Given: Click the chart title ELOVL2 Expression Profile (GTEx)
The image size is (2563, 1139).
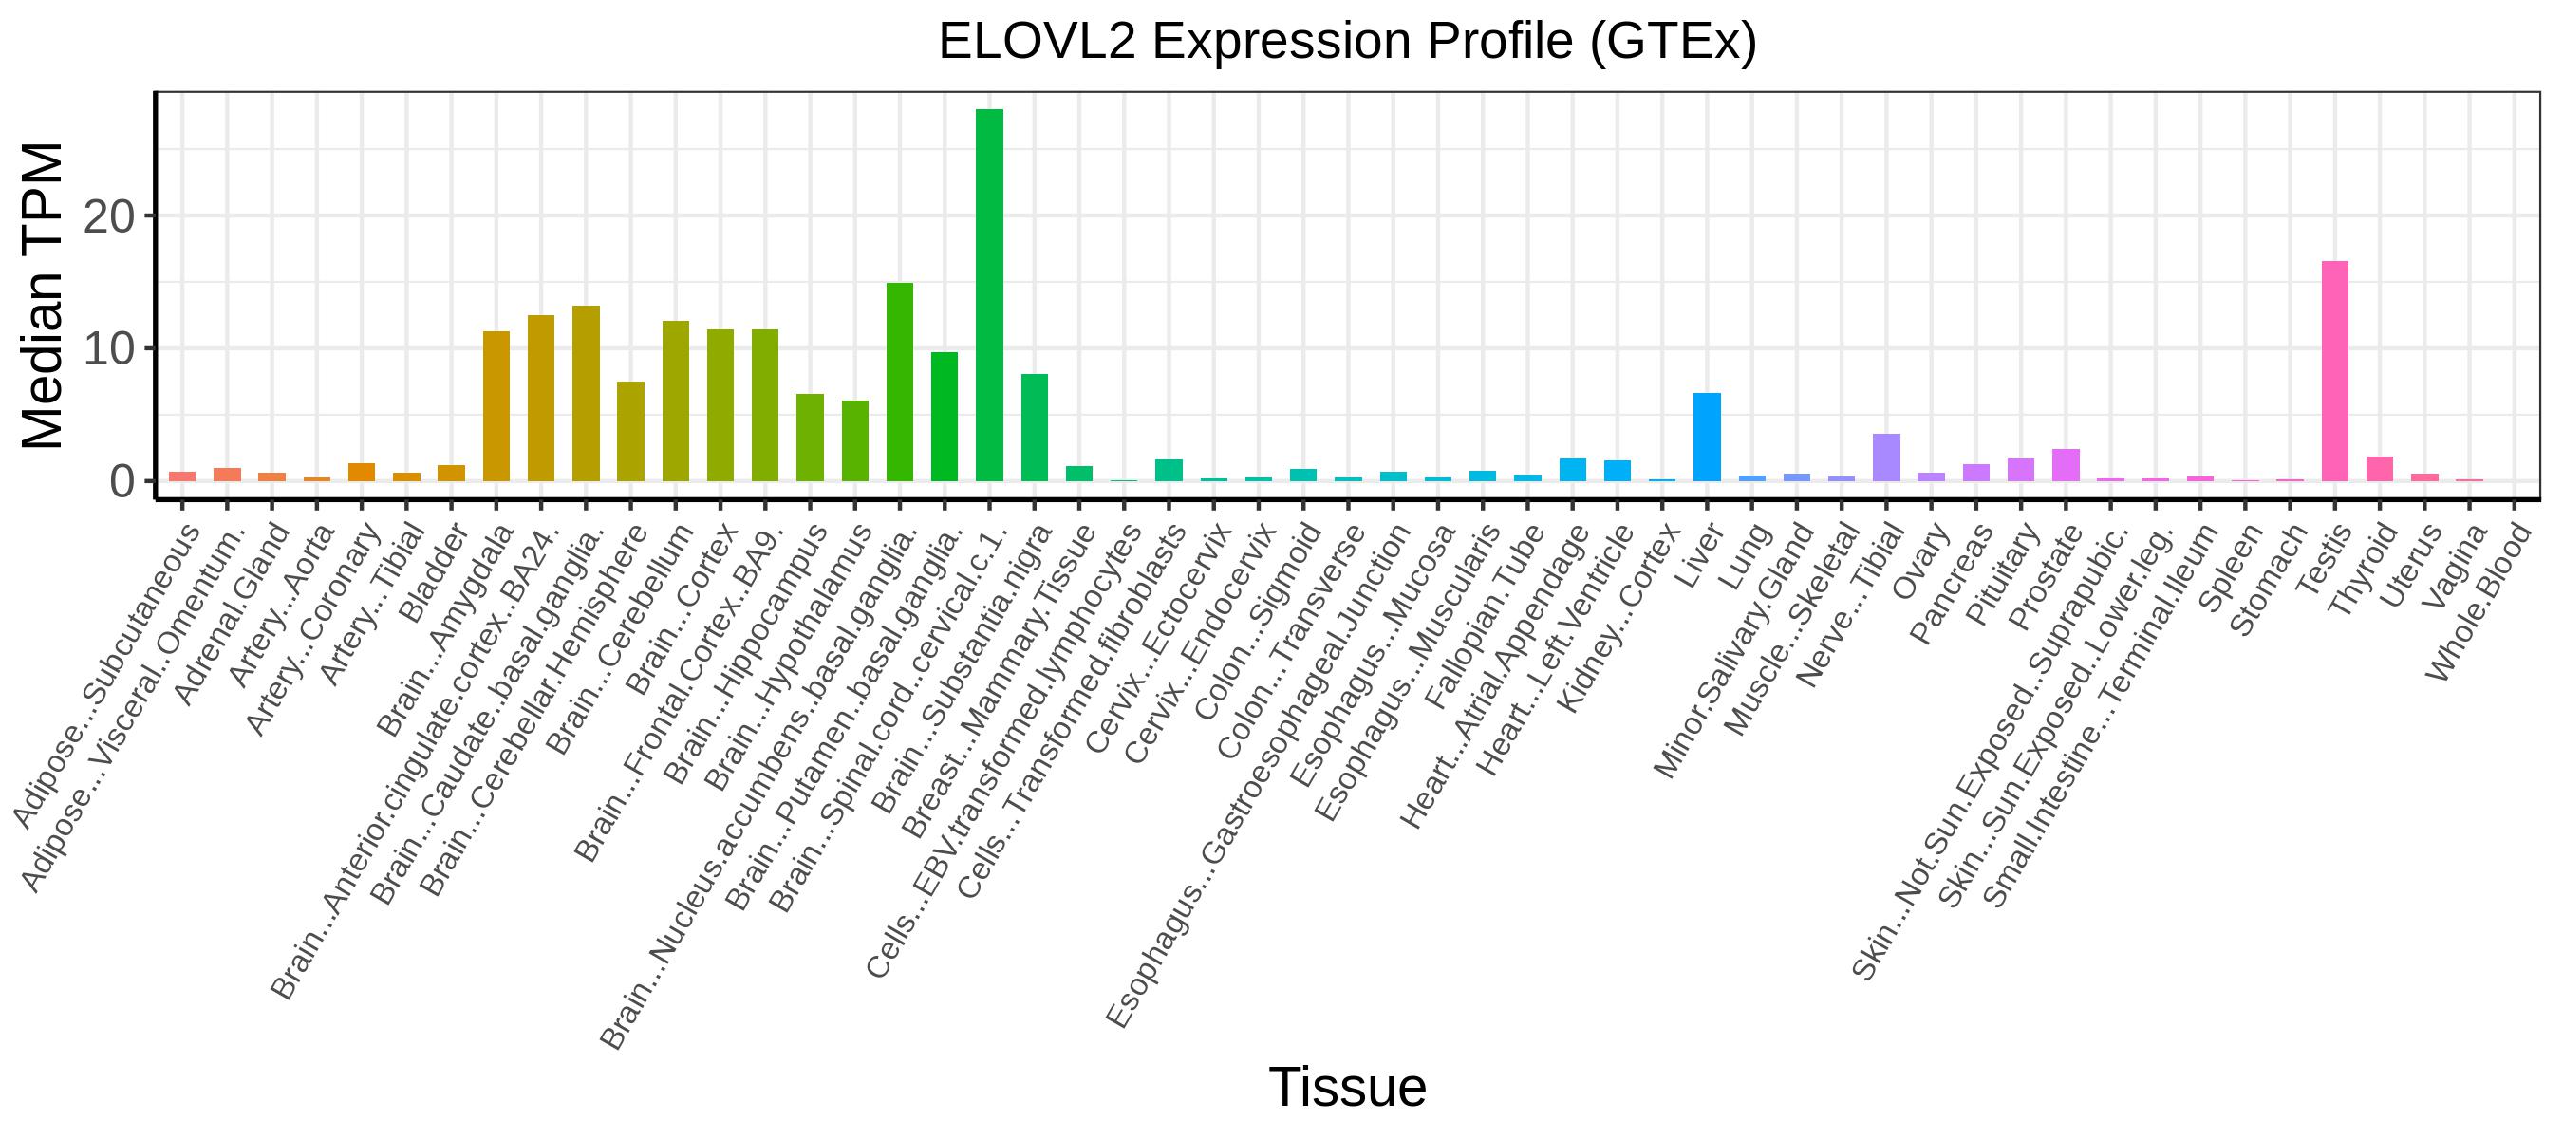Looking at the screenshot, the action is click(x=1347, y=42).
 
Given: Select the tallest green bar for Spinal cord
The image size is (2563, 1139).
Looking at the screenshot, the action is click(x=989, y=295).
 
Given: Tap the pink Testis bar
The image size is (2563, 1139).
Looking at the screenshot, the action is click(x=2334, y=371).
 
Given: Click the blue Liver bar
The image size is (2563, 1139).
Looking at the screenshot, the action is click(x=1707, y=437).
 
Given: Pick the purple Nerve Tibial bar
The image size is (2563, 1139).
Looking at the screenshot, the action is click(x=1886, y=457).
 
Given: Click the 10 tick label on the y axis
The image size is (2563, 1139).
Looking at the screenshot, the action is click(x=108, y=349).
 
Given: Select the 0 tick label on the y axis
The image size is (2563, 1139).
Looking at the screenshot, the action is click(x=122, y=481).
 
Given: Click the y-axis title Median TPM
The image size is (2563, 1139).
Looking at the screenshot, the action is click(x=42, y=295).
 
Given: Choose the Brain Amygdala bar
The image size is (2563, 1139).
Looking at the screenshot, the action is click(x=496, y=406).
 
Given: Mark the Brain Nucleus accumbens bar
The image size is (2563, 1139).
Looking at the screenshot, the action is click(x=900, y=382).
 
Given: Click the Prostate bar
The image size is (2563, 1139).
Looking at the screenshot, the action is click(x=2066, y=465).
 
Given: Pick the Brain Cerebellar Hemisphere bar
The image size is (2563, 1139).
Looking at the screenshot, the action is click(x=629, y=432).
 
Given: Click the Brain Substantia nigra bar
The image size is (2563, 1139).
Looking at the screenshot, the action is click(x=1035, y=428).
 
